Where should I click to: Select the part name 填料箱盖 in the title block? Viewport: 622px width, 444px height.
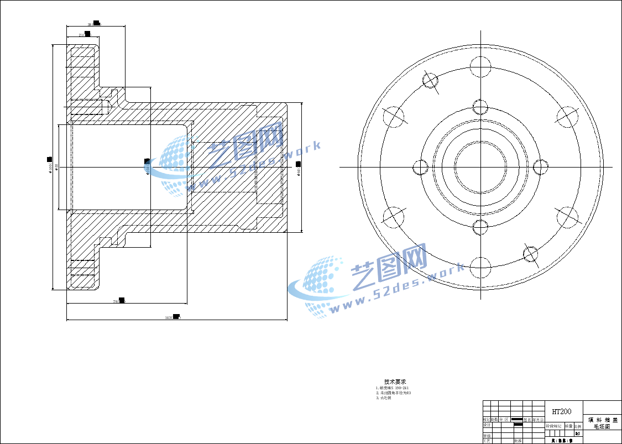(603, 420)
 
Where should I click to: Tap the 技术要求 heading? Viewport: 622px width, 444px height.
(395, 382)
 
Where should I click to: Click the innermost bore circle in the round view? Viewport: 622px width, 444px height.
(480, 166)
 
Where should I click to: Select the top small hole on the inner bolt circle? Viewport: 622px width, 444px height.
(480, 107)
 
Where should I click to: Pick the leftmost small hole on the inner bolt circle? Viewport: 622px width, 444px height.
(421, 166)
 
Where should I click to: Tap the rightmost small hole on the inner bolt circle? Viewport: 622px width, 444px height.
(541, 166)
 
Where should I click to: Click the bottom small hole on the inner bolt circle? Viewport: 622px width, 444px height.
(480, 226)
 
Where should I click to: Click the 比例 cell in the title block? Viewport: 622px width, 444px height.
(578, 426)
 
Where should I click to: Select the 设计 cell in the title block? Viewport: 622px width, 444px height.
(487, 425)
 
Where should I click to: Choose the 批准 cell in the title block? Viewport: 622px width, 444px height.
(518, 441)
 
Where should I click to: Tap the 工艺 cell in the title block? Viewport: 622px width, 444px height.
(487, 441)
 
